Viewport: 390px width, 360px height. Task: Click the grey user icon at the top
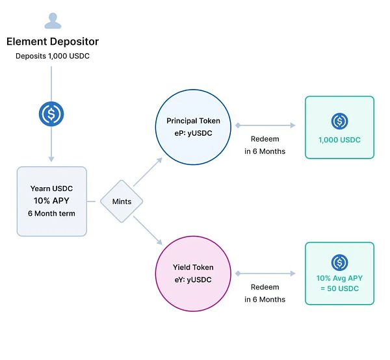(x=53, y=20)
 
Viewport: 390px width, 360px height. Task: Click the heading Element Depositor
(x=53, y=42)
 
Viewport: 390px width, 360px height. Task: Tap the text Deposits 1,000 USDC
(x=53, y=56)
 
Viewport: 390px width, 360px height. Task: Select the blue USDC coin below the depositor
(x=51, y=114)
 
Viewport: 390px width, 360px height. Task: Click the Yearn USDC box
(x=51, y=201)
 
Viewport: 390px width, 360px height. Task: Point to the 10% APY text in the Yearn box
(x=52, y=201)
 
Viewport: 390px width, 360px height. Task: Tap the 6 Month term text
(x=52, y=213)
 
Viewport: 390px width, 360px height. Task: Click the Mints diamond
(x=122, y=201)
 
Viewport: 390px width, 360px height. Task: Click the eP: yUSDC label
(x=193, y=133)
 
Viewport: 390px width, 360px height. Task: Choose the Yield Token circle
(x=193, y=274)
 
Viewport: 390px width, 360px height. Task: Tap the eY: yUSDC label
(x=193, y=280)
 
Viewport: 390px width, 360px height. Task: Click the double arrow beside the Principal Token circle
(x=265, y=125)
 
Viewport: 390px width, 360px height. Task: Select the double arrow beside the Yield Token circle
(x=265, y=274)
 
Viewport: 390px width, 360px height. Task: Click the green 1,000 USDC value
(x=339, y=140)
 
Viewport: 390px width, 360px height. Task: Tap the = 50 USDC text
(x=339, y=288)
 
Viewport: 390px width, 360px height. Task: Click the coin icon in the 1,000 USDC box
(x=339, y=121)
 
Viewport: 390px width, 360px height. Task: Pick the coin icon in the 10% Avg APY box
(x=339, y=262)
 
